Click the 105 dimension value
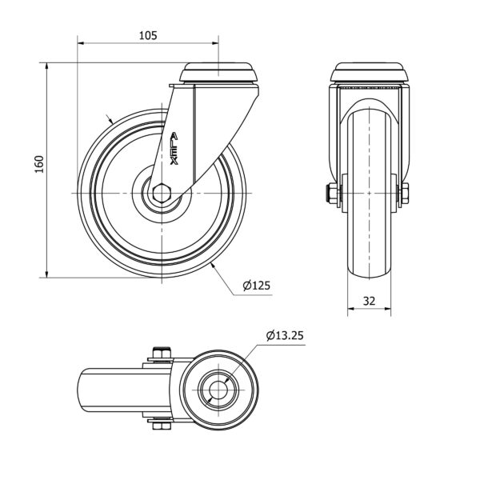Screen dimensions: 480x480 coord(148,35)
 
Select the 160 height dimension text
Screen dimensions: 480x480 coord(39,164)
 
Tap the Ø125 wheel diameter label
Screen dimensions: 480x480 coord(257,286)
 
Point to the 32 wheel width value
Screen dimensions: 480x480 coord(369,302)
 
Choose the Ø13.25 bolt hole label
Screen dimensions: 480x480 coord(285,335)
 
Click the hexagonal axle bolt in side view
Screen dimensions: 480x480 coord(161,193)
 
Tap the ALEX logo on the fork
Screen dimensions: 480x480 coord(174,149)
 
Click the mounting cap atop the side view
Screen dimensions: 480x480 coord(219,73)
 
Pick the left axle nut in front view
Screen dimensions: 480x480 coord(332,194)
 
